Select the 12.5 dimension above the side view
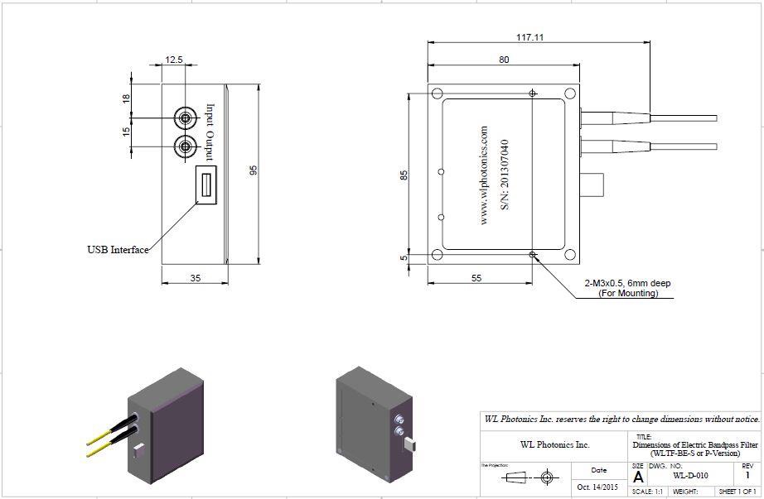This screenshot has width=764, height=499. pos(173,60)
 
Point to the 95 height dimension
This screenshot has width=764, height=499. pos(254,169)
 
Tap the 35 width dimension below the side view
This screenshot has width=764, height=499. pos(195,278)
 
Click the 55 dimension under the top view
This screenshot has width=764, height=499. pos(476,278)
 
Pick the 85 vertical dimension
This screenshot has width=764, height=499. pos(404,175)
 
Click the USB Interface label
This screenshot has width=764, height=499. pos(118,250)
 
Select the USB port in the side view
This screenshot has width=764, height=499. pos(205,183)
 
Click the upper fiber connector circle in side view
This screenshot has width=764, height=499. pos(184,118)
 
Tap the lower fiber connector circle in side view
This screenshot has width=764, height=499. pos(184,147)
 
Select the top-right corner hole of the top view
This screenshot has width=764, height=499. pos(569,94)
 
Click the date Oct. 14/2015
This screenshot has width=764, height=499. pos(598,487)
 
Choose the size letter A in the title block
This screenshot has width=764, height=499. pos(637,477)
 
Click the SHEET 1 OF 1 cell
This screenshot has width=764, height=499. pos(737,492)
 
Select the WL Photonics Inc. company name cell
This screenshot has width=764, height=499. pos(554,444)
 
